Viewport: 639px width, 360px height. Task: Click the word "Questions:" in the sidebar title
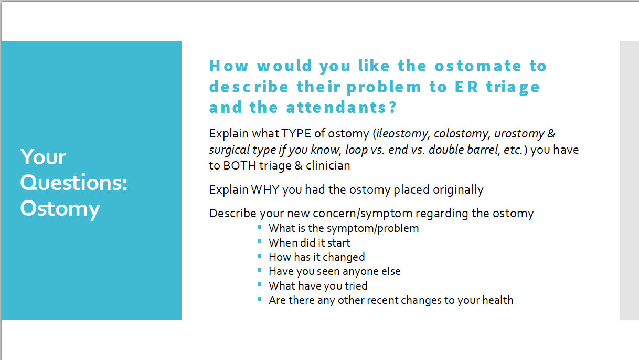(x=74, y=183)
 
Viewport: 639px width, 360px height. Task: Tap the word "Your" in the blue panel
(x=43, y=157)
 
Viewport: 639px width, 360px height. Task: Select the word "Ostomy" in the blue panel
(x=60, y=208)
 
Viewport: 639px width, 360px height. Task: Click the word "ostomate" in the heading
(x=478, y=66)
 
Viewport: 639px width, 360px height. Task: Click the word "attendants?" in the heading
(x=342, y=108)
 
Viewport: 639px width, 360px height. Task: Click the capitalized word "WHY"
(x=265, y=189)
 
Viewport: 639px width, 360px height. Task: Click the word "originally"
(x=457, y=189)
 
